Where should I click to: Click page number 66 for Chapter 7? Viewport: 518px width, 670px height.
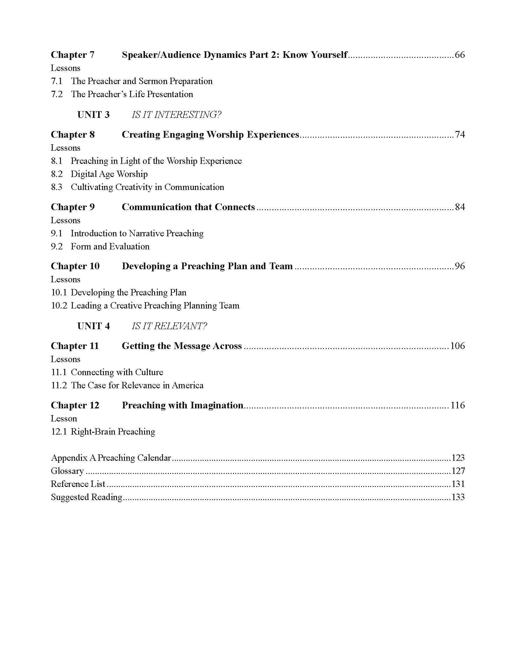point(459,55)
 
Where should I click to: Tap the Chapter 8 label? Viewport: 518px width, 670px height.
point(73,135)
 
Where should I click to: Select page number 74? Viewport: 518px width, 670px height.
point(459,135)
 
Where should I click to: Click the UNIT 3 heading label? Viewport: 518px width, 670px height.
point(93,115)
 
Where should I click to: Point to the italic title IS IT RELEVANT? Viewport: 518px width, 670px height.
point(169,326)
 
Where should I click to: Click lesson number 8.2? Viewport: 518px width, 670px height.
point(57,174)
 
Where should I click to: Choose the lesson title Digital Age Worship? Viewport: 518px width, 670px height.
point(109,174)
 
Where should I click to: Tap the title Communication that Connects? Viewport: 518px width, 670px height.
point(188,207)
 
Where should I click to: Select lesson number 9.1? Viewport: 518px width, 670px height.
point(57,234)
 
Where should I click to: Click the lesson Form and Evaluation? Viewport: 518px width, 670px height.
point(110,247)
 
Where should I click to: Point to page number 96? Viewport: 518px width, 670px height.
point(459,266)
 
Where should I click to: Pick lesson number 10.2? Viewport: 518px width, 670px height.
point(59,306)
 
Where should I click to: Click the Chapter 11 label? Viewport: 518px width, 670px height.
point(75,346)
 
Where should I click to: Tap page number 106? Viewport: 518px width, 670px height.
point(457,346)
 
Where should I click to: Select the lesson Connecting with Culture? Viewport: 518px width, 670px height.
point(117,372)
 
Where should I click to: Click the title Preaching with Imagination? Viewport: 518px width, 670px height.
point(183,405)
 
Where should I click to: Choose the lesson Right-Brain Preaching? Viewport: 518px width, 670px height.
point(113,432)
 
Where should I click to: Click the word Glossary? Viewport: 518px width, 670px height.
point(67,471)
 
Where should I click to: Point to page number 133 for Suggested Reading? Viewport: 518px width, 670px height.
point(458,497)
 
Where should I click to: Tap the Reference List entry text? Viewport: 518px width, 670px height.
point(78,484)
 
